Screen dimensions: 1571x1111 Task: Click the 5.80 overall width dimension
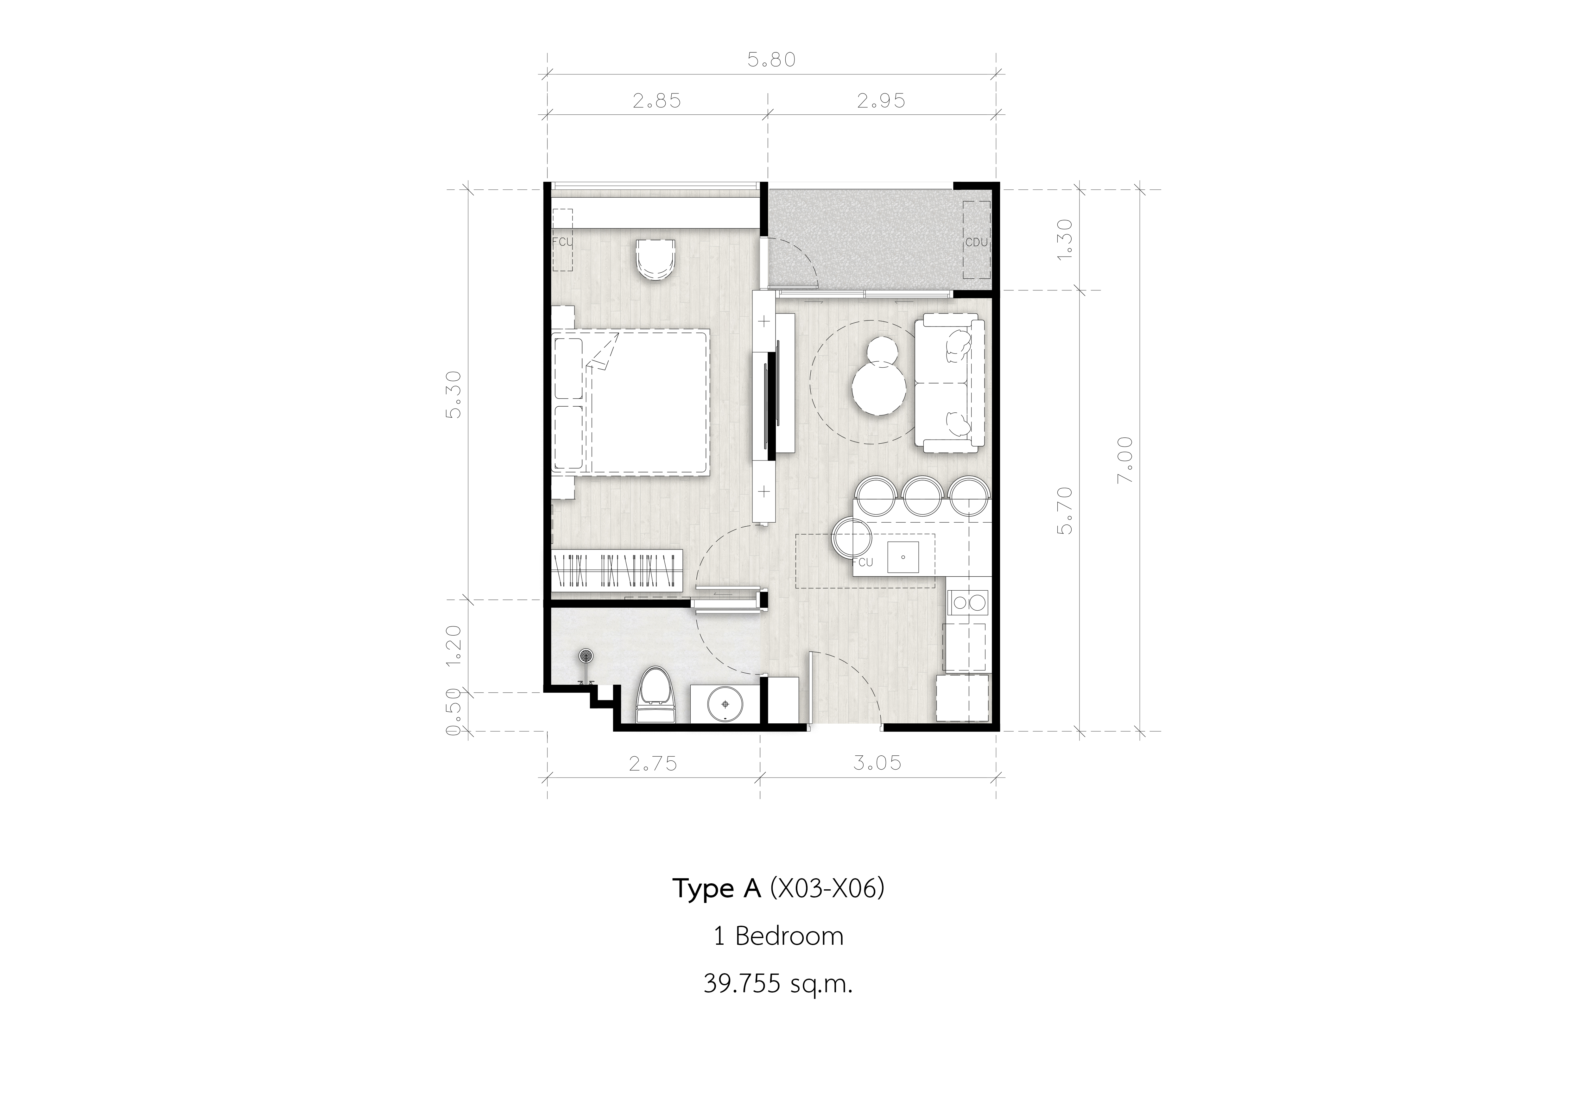click(x=771, y=60)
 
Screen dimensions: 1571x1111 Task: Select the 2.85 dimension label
click(x=657, y=101)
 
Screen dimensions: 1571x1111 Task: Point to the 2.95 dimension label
click(x=881, y=101)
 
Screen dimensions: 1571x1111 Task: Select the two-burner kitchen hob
click(x=967, y=602)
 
